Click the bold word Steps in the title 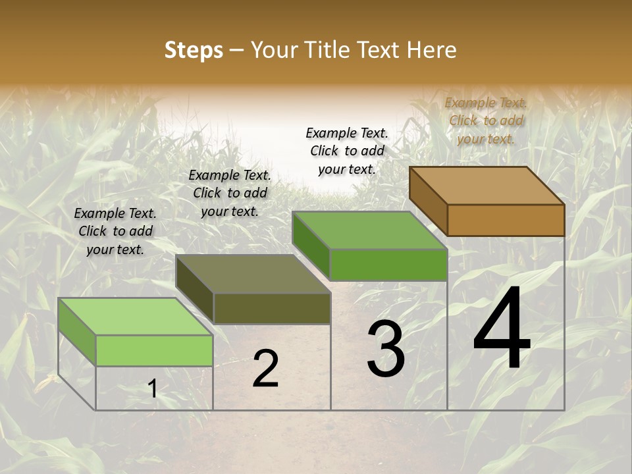click(194, 50)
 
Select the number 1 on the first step click(152, 389)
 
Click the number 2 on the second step click(265, 369)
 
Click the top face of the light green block click(136, 317)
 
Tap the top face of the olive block click(253, 274)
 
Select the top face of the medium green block click(369, 230)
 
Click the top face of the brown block click(487, 186)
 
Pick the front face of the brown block click(506, 220)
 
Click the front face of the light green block click(154, 350)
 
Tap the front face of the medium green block click(388, 265)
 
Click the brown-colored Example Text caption click(486, 120)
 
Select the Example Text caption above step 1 click(115, 231)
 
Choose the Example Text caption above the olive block click(230, 193)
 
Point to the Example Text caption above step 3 click(347, 151)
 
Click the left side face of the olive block click(195, 290)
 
